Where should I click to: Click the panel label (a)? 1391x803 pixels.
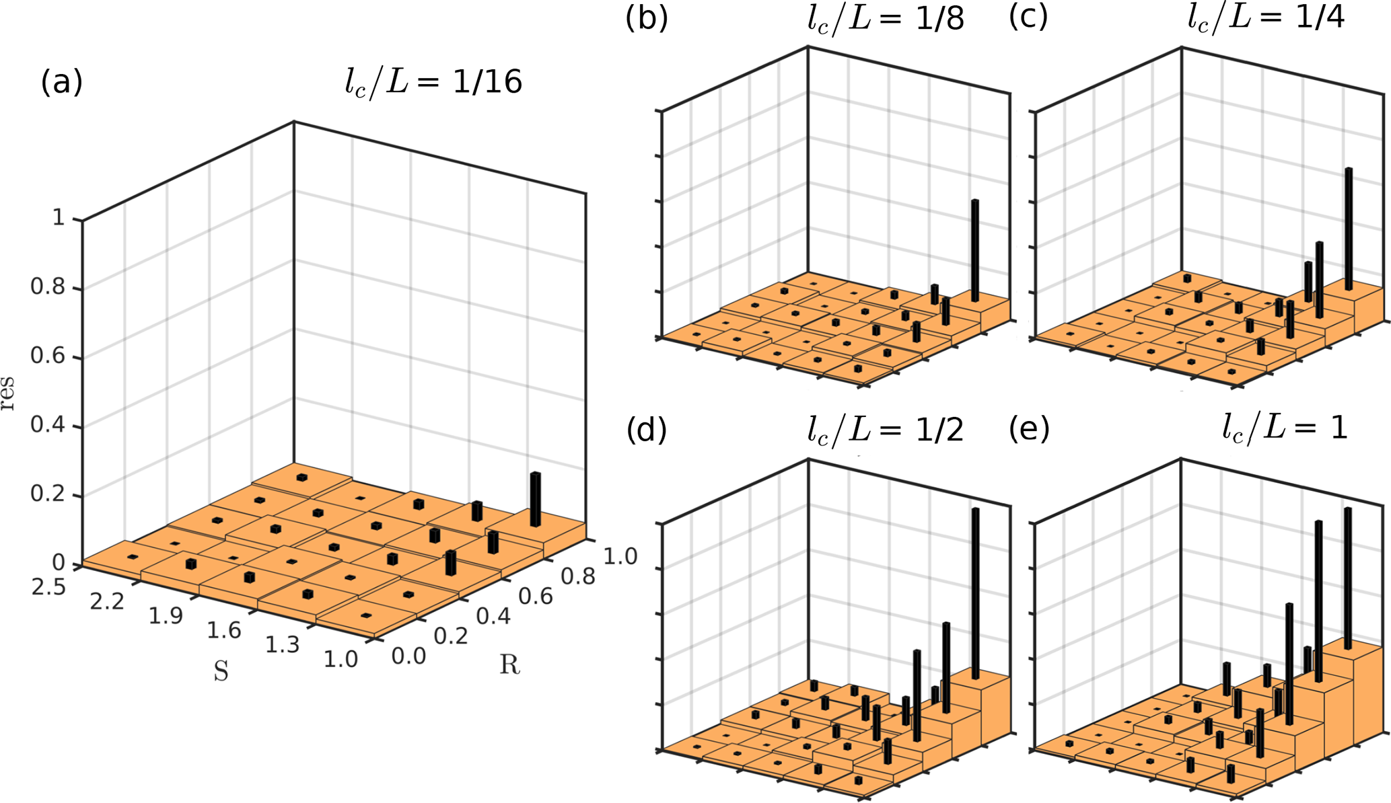61,83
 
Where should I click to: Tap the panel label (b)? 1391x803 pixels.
646,18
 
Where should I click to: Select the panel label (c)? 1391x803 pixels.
1028,18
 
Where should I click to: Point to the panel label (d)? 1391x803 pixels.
646,430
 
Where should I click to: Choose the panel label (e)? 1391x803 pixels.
1029,430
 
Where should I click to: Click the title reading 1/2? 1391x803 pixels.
886,430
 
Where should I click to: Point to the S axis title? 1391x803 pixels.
221,671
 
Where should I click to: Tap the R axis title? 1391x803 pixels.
509,665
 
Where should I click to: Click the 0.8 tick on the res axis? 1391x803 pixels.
48,288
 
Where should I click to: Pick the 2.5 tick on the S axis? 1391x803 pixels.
48,587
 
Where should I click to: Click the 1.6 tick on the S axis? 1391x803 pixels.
224,630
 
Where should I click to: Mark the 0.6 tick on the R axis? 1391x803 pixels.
535,596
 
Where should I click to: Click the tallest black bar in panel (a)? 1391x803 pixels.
535,499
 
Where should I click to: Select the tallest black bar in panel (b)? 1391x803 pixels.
974,250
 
